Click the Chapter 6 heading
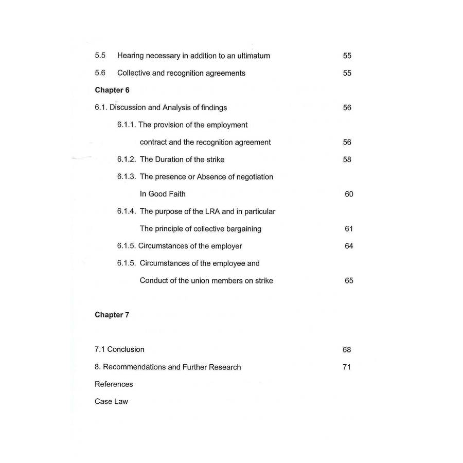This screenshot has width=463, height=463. pos(112,90)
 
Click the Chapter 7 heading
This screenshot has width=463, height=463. pos(112,315)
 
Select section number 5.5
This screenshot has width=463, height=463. pos(100,56)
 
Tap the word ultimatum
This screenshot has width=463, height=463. pos(252,56)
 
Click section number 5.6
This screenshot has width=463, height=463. pos(100,73)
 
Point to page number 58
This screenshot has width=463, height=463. pos(347,159)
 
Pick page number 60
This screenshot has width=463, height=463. pos(349,194)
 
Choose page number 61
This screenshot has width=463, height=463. pos(349,228)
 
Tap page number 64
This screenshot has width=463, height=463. pos(349,246)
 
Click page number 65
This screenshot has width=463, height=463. pos(349,280)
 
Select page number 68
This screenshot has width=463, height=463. pos(347,350)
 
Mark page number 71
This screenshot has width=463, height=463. pos(347,367)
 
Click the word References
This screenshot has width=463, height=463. pos(114,384)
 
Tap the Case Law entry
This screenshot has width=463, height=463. pos(111,401)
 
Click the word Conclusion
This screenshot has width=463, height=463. pos(126,349)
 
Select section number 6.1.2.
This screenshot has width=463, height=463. pos(127,159)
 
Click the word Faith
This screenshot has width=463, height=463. pos(175,194)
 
